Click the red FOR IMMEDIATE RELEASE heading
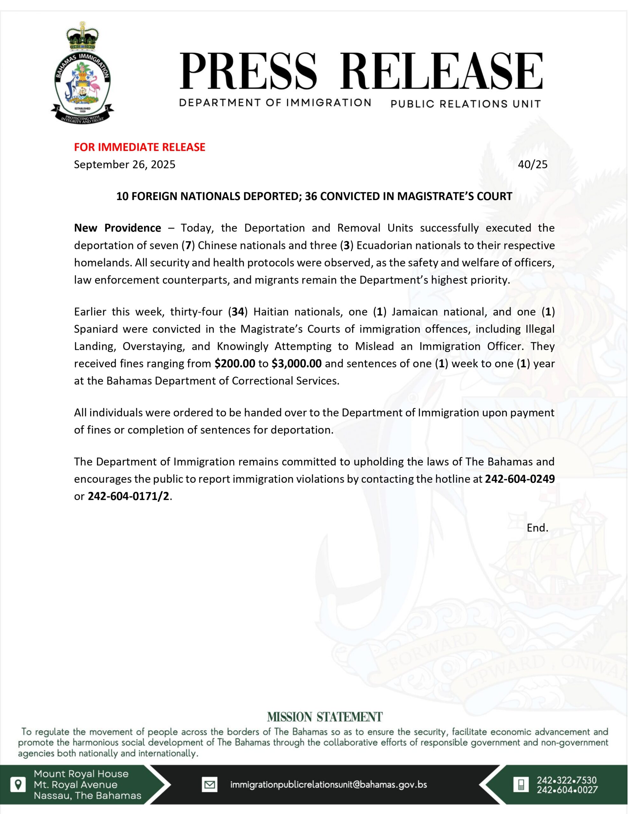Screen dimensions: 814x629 pyautogui.click(x=140, y=147)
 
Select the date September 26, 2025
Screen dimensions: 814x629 pyautogui.click(x=125, y=164)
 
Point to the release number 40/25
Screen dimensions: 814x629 pyautogui.click(x=532, y=164)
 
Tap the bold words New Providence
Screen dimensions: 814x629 pyautogui.click(x=117, y=228)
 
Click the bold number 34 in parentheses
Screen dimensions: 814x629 pyautogui.click(x=238, y=312)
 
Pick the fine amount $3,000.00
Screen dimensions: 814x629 pyautogui.click(x=296, y=363)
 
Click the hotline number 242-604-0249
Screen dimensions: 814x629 pyautogui.click(x=519, y=479)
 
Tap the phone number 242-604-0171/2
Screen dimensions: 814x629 pyautogui.click(x=128, y=496)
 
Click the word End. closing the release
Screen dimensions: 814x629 pyautogui.click(x=537, y=528)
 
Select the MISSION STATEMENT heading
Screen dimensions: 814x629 pyautogui.click(x=325, y=717)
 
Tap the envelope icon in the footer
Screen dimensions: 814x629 pyautogui.click(x=210, y=784)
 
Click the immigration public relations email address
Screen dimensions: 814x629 pyautogui.click(x=328, y=784)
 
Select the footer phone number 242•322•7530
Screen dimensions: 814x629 pyautogui.click(x=566, y=780)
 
